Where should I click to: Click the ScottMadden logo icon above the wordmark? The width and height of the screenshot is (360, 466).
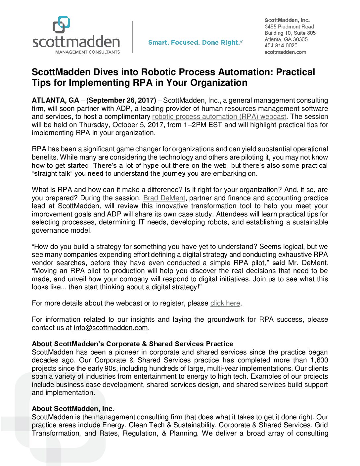pyautogui.click(x=62, y=24)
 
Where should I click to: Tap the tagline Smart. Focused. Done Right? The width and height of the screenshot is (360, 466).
pyautogui.click(x=195, y=42)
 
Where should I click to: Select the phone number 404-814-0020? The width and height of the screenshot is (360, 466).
pyautogui.click(x=281, y=46)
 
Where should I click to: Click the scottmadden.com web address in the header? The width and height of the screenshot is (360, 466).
pyautogui.click(x=285, y=52)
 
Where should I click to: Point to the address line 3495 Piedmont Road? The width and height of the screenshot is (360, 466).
pyautogui.click(x=289, y=26)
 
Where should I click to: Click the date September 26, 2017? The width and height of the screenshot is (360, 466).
pyautogui.click(x=121, y=100)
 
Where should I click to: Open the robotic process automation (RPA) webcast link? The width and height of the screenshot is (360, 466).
pyautogui.click(x=219, y=117)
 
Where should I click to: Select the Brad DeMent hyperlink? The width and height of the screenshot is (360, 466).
pyautogui.click(x=164, y=198)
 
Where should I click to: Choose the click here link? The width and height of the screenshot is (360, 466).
pyautogui.click(x=225, y=303)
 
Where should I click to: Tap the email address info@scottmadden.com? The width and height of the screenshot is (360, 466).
pyautogui.click(x=111, y=328)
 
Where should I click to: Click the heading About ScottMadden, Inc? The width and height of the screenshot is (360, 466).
pyautogui.click(x=73, y=409)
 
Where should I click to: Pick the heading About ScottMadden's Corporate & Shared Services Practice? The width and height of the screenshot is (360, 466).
pyautogui.click(x=132, y=344)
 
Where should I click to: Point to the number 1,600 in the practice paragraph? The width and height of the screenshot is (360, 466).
pyautogui.click(x=319, y=360)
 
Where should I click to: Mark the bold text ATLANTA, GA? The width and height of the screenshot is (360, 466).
pyautogui.click(x=55, y=100)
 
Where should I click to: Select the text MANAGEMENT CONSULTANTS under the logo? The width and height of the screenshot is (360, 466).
pyautogui.click(x=87, y=52)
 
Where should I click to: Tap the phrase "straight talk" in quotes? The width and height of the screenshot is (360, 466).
pyautogui.click(x=52, y=173)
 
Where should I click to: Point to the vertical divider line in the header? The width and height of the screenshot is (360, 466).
pyautogui.click(x=132, y=36)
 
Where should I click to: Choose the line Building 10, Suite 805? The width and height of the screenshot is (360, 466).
pyautogui.click(x=290, y=33)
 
